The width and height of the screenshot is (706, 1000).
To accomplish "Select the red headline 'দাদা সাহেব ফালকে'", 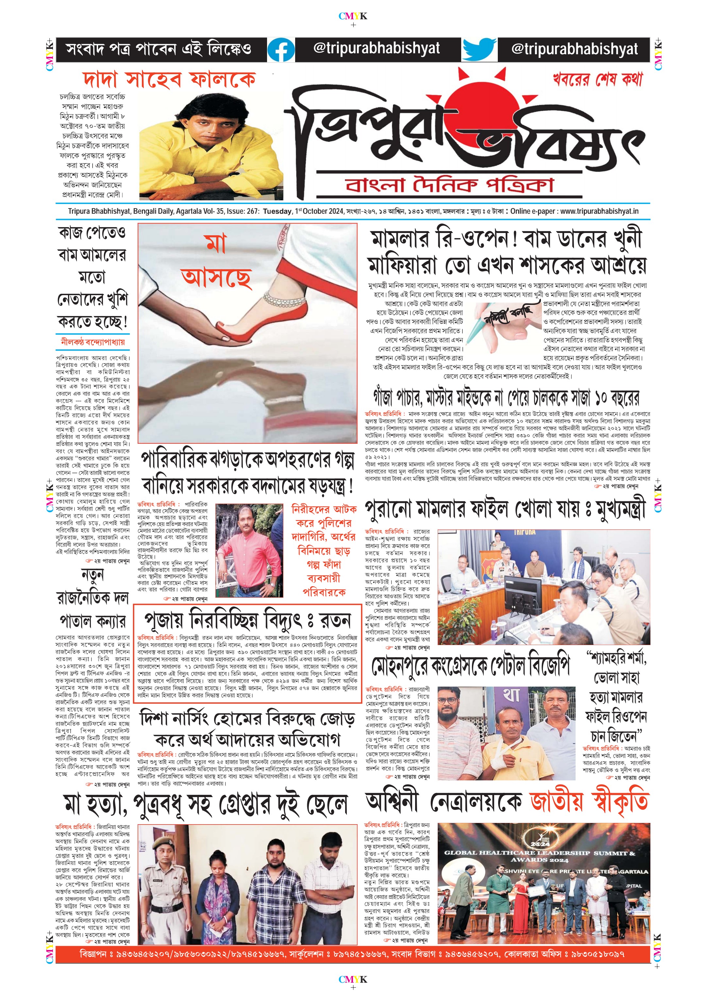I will pyautogui.click(x=169, y=80).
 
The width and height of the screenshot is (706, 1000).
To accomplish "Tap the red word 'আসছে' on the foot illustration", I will pyautogui.click(x=216, y=277).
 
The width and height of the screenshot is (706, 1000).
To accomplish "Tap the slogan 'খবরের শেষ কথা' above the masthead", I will pyautogui.click(x=597, y=79).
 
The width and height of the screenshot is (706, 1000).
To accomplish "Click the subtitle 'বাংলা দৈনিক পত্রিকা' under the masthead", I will pyautogui.click(x=449, y=185).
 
